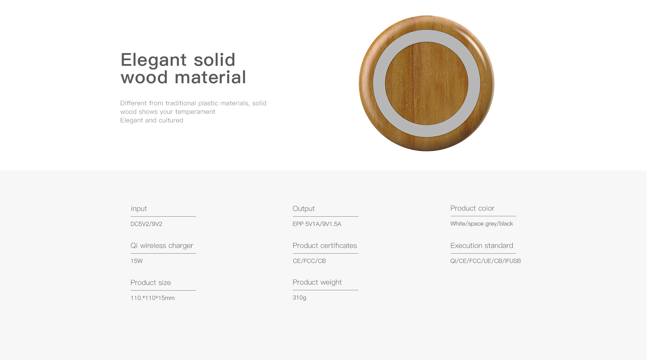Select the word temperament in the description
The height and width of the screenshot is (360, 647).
[195, 112]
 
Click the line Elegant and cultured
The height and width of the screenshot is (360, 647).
[152, 120]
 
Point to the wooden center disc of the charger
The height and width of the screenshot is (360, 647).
[427, 84]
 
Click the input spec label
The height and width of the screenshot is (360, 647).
[139, 208]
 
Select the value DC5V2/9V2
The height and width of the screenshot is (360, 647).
[146, 224]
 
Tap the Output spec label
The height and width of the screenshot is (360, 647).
[304, 208]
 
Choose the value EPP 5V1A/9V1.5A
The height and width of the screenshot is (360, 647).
[317, 224]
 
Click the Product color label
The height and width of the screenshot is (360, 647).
[472, 208]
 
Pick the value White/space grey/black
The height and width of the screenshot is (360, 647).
[482, 224]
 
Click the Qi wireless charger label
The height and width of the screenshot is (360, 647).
[162, 245]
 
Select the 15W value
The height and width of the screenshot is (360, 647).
[137, 261]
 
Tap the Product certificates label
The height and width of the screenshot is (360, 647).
[325, 245]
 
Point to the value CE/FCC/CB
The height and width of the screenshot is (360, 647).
[309, 261]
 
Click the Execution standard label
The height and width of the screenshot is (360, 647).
[482, 245]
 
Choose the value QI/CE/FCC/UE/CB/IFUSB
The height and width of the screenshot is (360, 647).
[486, 261]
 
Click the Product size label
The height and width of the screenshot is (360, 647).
[151, 282]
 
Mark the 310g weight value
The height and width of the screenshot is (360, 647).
[299, 298]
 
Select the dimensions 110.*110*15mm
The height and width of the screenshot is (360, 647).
[153, 298]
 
